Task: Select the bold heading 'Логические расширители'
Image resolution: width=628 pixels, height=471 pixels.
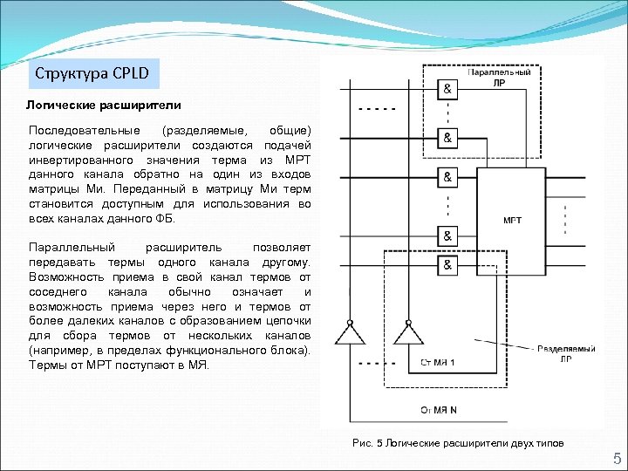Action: [x=103, y=106]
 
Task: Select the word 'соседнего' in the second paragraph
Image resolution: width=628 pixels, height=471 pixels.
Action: [x=58, y=291]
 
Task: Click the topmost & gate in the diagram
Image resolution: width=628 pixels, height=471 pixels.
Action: [x=447, y=90]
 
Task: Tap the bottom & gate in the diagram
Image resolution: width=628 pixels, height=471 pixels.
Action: [x=447, y=264]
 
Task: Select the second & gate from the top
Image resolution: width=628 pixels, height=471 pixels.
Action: [x=447, y=139]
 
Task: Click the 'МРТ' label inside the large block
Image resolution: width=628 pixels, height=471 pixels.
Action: [x=513, y=220]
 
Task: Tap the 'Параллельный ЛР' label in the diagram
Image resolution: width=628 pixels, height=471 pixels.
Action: [x=499, y=78]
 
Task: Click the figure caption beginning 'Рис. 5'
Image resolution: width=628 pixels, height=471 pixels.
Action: [x=458, y=443]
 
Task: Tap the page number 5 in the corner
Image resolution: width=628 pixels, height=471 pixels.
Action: [x=616, y=459]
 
